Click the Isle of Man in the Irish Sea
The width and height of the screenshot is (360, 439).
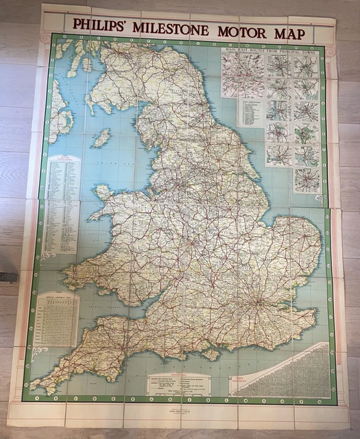click(x=101, y=139)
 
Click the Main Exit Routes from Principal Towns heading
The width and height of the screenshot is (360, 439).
click(x=270, y=49)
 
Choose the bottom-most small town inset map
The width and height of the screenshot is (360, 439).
click(x=306, y=180)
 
